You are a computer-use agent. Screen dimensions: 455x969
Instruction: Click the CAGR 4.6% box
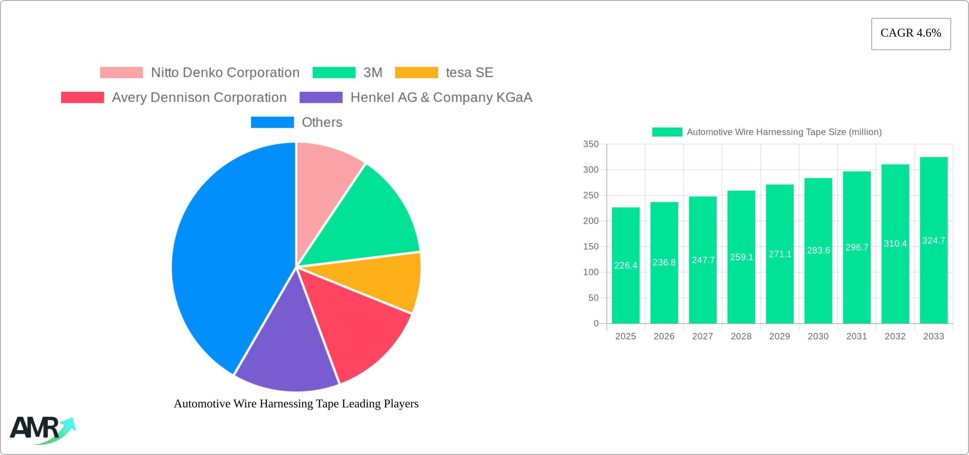point(911,34)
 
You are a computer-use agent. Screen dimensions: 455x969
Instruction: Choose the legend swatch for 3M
point(334,73)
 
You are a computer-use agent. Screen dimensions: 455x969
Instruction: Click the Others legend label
point(322,122)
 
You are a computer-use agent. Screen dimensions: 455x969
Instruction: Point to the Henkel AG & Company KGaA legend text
point(441,97)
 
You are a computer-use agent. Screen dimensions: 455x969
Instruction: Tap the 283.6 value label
point(819,250)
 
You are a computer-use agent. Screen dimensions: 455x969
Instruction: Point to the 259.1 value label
point(742,257)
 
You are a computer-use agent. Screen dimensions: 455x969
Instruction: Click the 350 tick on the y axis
point(591,144)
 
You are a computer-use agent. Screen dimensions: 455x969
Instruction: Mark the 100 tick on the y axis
point(591,272)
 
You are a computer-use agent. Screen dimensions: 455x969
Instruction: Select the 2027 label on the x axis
point(703,336)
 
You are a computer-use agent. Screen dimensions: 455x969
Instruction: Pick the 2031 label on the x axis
point(856,336)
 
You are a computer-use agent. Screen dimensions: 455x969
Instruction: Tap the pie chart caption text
point(296,404)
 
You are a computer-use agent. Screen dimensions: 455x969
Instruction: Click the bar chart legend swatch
point(667,132)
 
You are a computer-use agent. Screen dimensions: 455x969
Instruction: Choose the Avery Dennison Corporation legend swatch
point(82,97)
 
